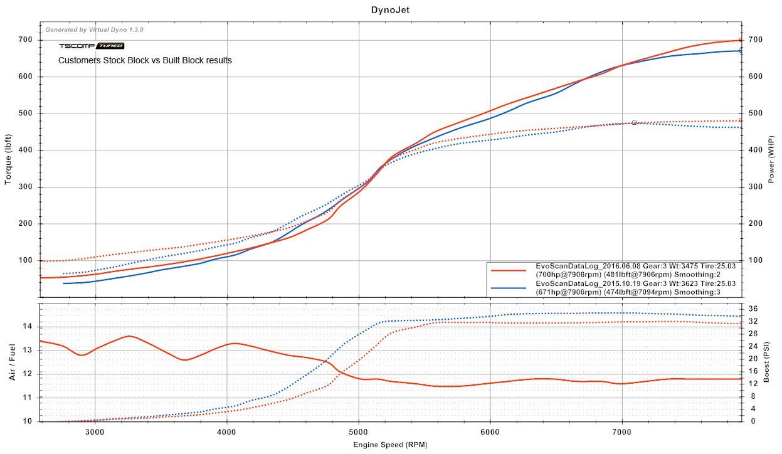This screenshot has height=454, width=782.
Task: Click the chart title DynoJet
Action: click(390, 9)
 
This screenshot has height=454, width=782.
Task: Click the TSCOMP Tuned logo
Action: click(92, 46)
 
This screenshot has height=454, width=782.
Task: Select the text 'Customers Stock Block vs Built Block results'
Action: click(145, 61)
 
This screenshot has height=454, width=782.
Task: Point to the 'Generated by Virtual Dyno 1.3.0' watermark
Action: click(95, 29)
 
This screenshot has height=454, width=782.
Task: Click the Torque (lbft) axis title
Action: click(9, 159)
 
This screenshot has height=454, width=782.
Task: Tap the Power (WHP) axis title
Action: click(771, 159)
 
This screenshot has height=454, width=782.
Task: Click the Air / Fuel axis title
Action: click(13, 362)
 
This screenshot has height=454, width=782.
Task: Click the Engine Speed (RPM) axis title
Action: click(390, 445)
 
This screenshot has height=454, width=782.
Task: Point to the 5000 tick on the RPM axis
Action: click(359, 431)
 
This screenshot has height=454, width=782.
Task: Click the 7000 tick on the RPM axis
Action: click(622, 431)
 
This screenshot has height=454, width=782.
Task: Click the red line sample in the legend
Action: click(509, 270)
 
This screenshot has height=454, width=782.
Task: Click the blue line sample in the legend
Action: click(509, 287)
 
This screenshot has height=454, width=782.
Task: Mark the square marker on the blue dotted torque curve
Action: click(634, 123)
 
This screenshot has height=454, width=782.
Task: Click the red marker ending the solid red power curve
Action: click(741, 40)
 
